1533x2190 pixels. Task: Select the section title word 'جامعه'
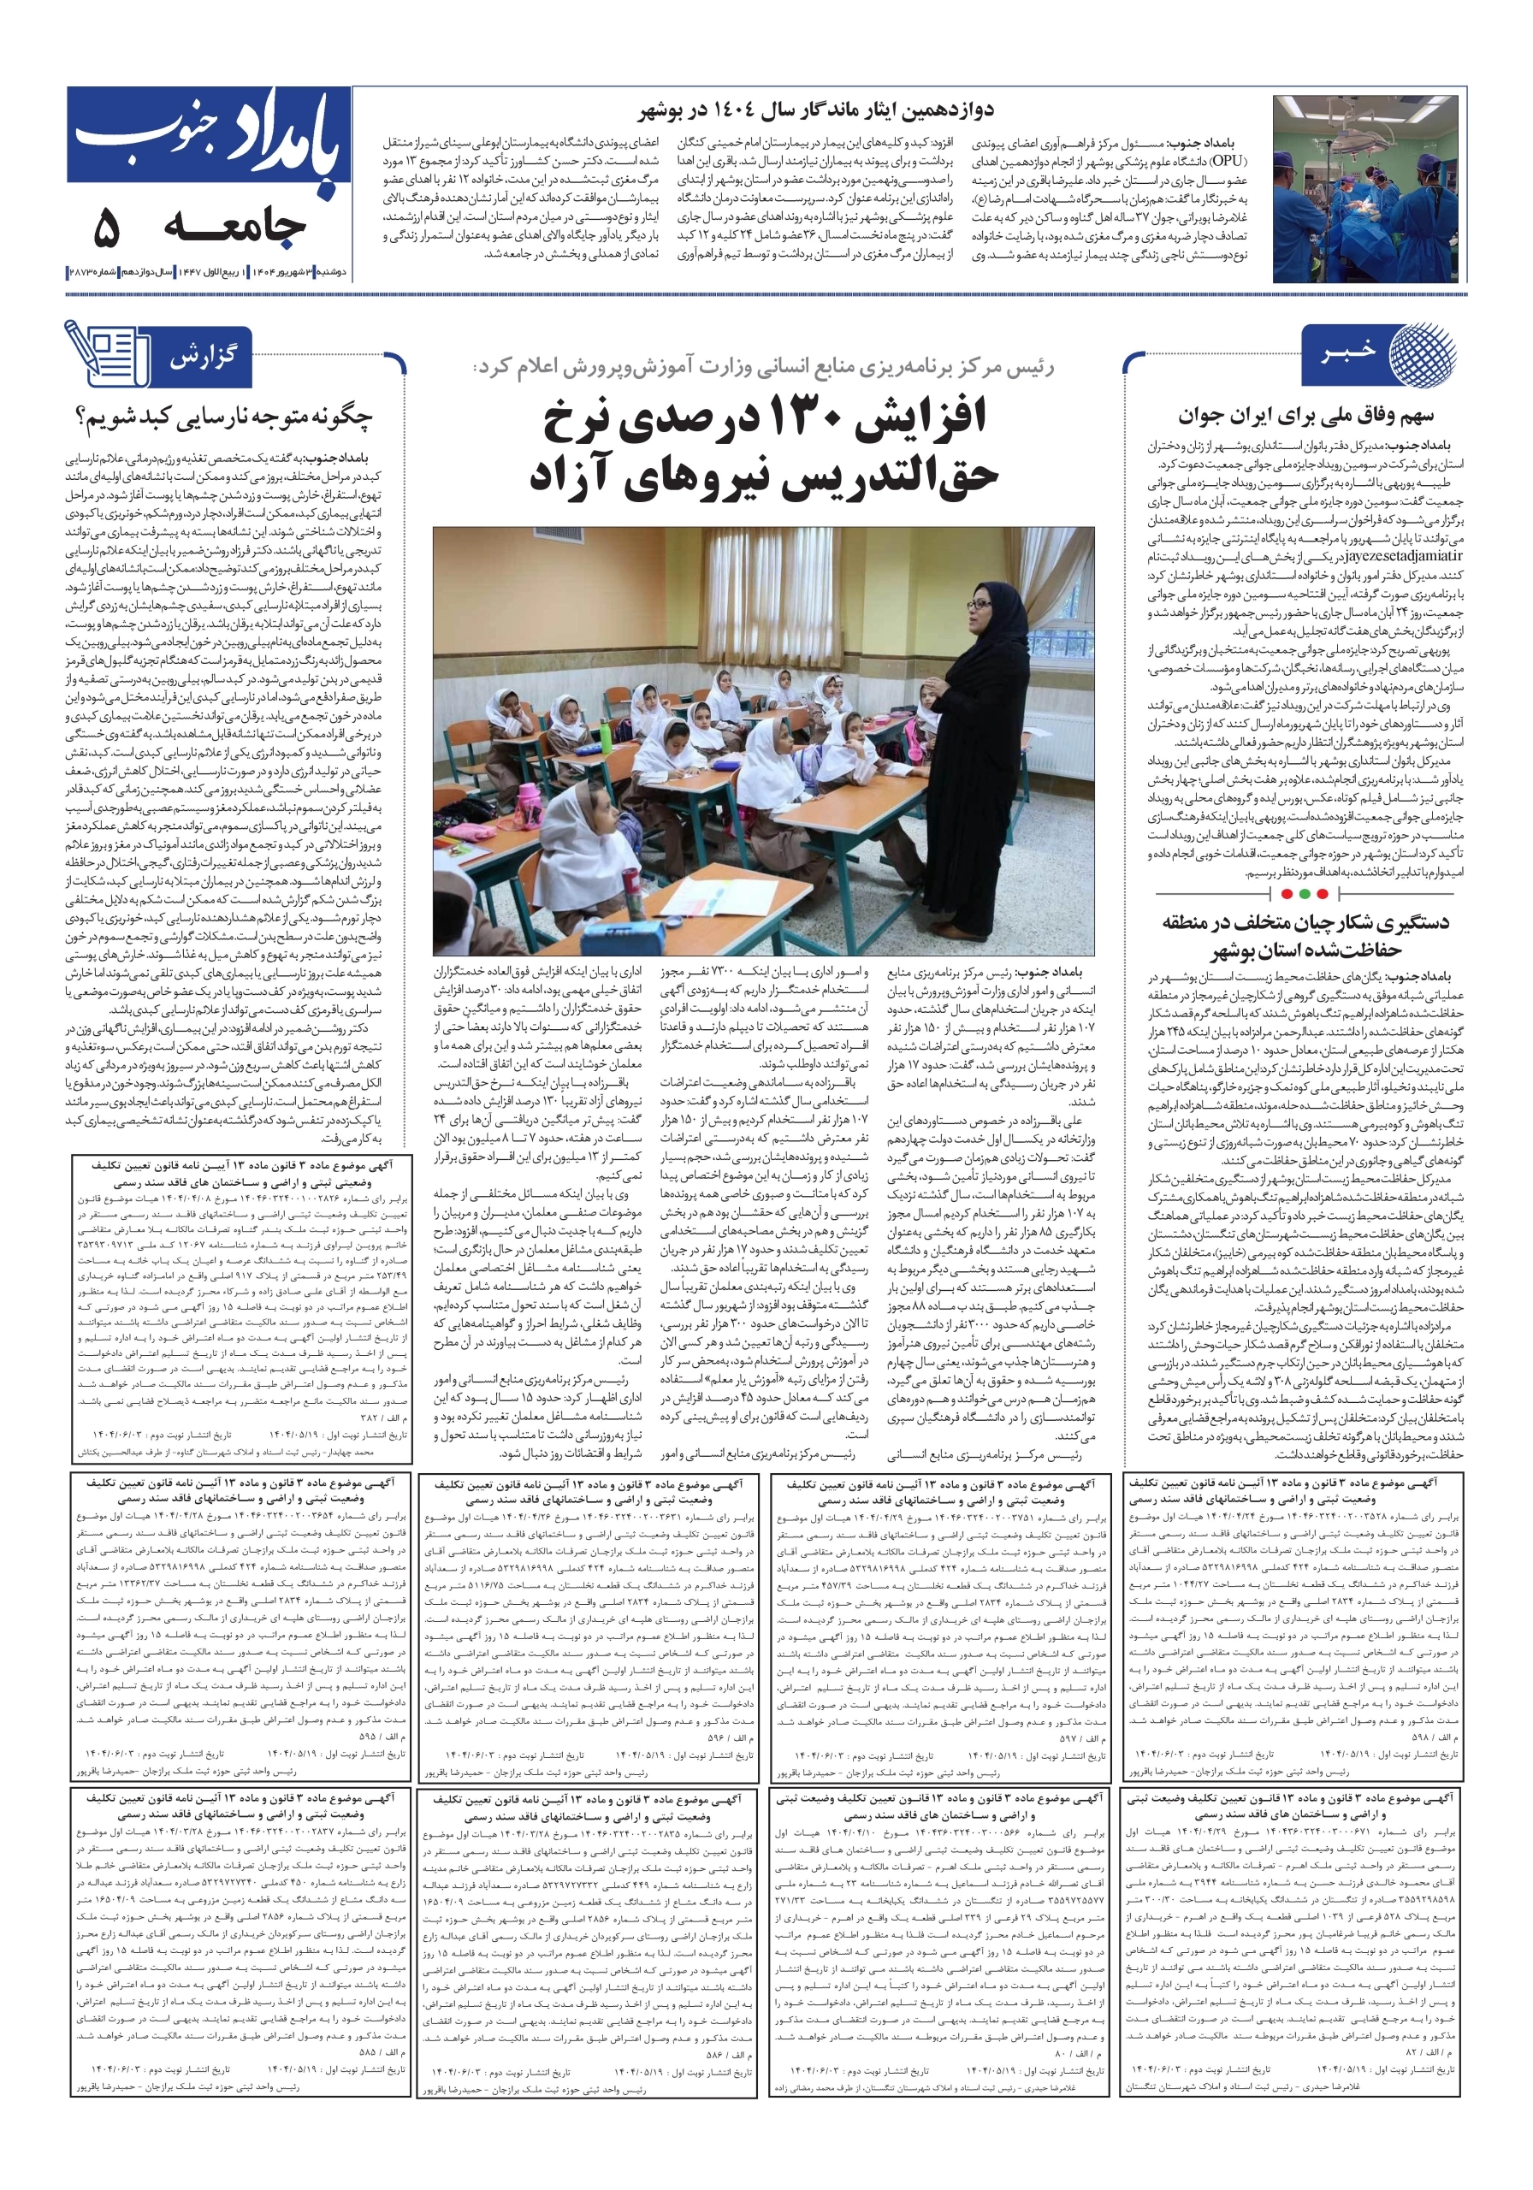point(234,227)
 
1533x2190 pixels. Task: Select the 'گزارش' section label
point(202,358)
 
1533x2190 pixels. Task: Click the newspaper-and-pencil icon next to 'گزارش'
point(107,354)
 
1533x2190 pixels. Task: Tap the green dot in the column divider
point(1321,894)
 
